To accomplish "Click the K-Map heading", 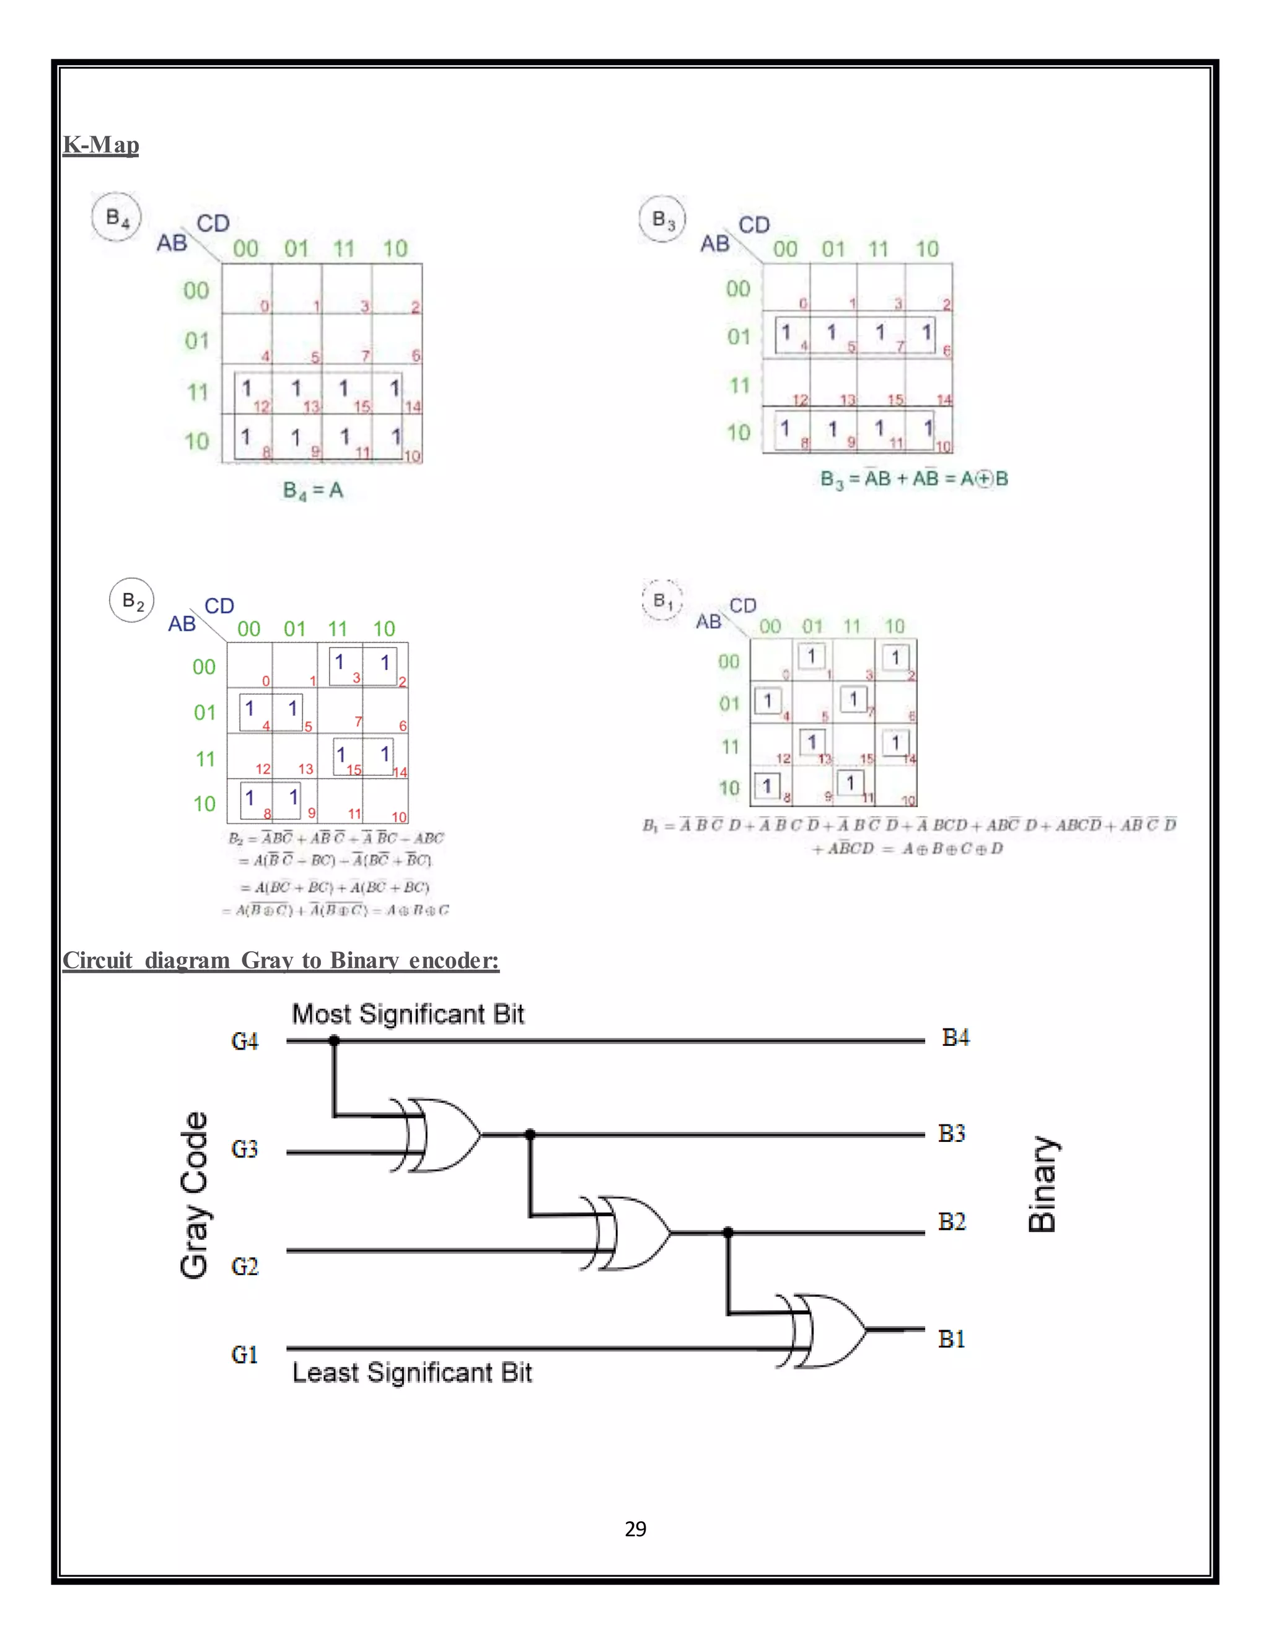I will [101, 144].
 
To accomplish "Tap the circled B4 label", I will [116, 218].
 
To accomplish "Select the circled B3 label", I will [662, 219].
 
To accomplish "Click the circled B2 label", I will [133, 600].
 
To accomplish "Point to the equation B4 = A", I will [313, 491].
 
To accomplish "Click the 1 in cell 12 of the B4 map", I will [246, 388].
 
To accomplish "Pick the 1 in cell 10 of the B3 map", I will [928, 428].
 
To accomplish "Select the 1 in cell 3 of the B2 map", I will [339, 662].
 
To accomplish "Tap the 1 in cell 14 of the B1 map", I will [895, 743].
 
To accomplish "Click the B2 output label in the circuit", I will [952, 1222].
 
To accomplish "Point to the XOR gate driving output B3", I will [444, 1135].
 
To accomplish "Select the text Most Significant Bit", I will [408, 1014].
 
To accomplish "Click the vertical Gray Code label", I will [194, 1195].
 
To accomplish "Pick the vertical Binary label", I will [1043, 1184].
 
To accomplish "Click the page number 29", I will [635, 1529].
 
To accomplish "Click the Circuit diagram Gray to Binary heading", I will [281, 960].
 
